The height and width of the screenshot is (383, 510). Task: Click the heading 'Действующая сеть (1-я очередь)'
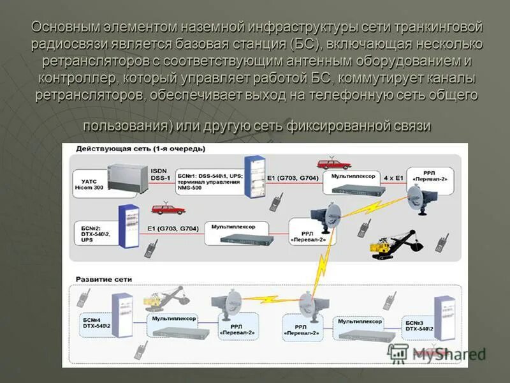click(x=141, y=149)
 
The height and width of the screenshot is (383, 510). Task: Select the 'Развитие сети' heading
click(x=105, y=279)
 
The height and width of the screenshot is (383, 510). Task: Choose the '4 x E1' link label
click(x=393, y=177)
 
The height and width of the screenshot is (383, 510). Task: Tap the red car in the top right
click(x=335, y=163)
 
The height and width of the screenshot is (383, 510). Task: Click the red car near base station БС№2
click(x=168, y=209)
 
